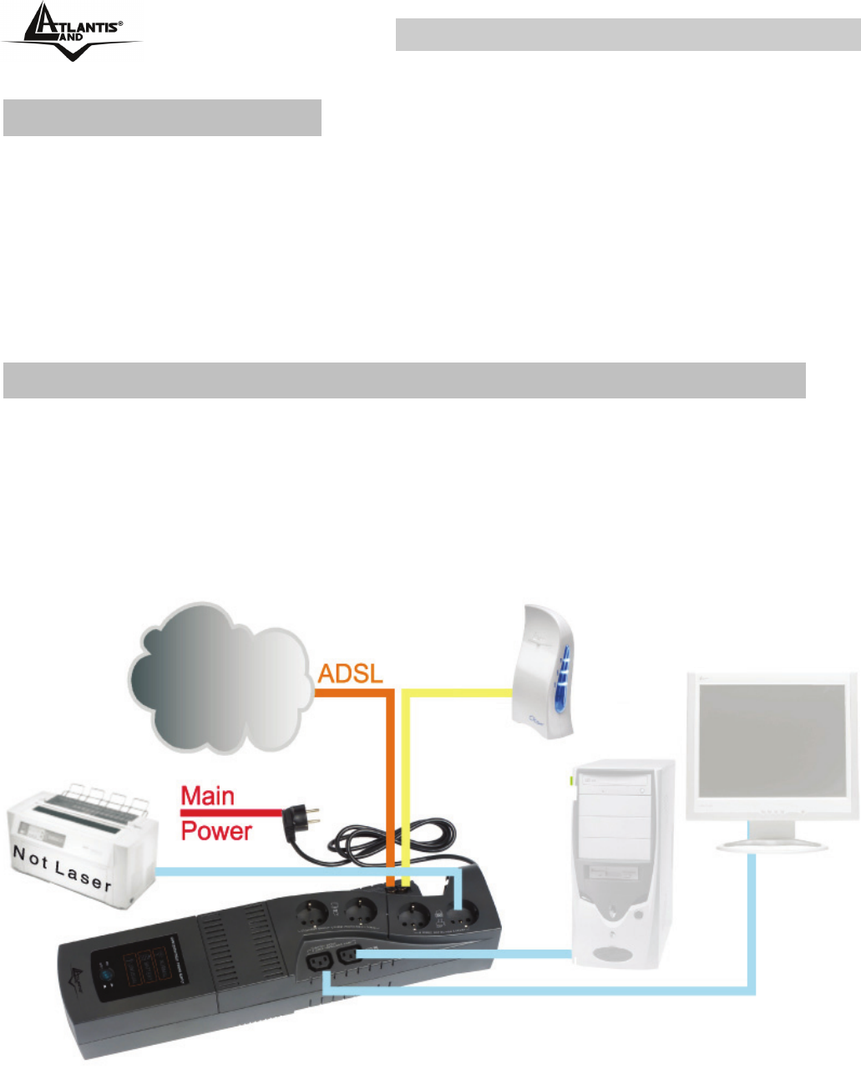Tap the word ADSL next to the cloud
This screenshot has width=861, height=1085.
(350, 673)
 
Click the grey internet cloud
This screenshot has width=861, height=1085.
(221, 677)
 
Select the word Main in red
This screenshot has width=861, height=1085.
(208, 796)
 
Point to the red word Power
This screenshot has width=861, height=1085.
(216, 831)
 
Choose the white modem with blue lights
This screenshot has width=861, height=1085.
(544, 672)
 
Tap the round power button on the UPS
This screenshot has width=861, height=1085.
(107, 975)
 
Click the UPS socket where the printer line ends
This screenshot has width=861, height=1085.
(458, 913)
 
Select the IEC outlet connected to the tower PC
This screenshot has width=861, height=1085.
(349, 956)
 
